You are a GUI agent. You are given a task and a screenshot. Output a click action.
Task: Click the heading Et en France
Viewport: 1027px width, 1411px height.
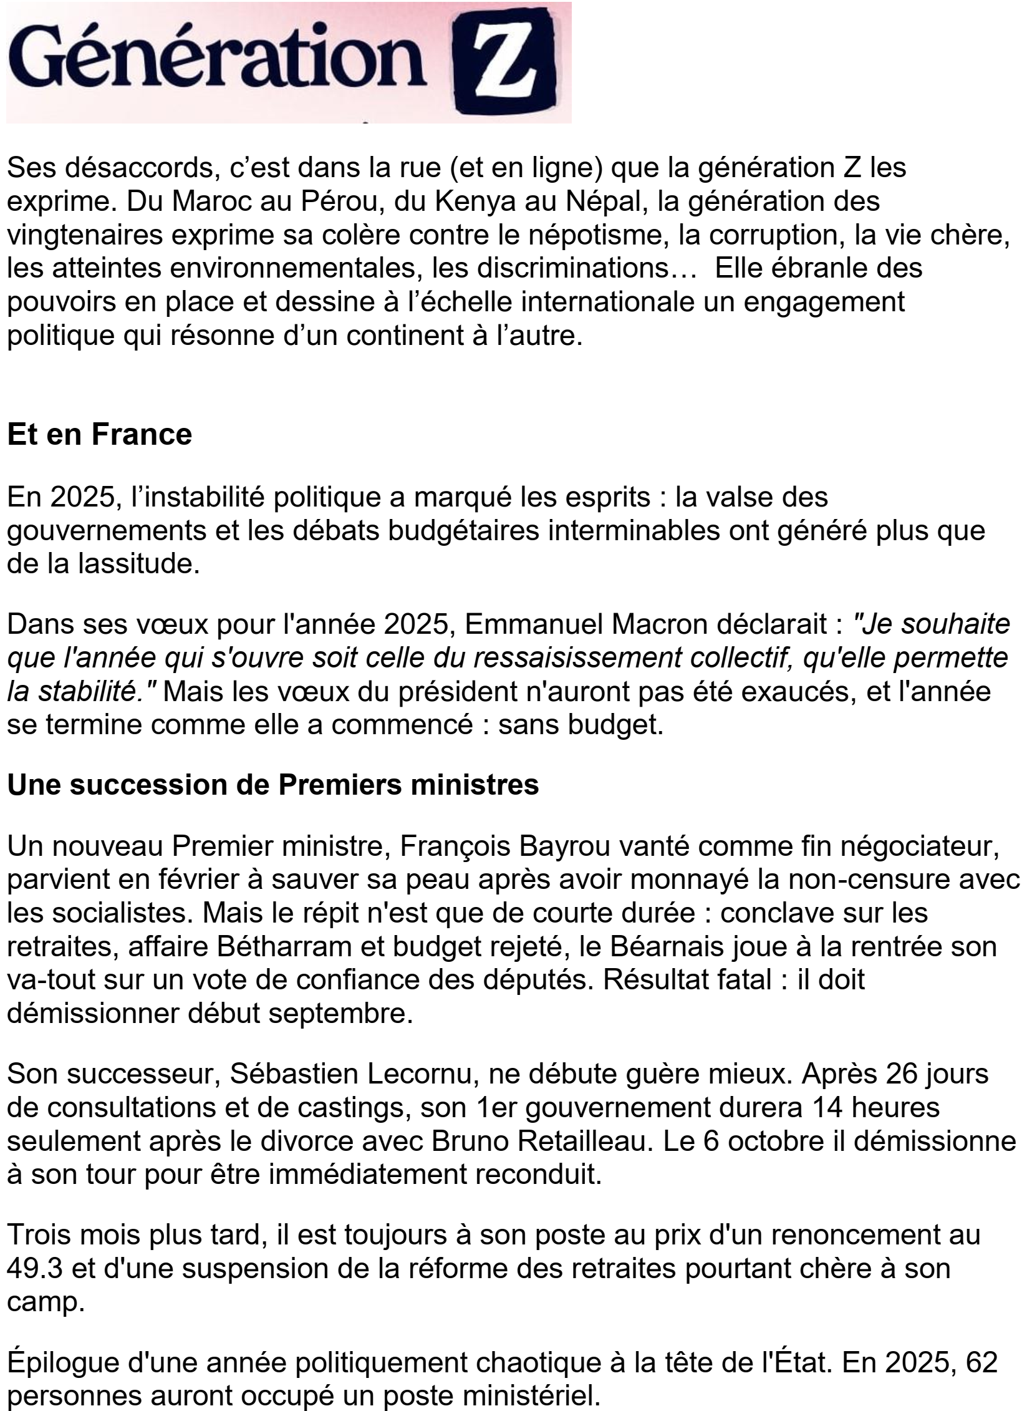100,434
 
